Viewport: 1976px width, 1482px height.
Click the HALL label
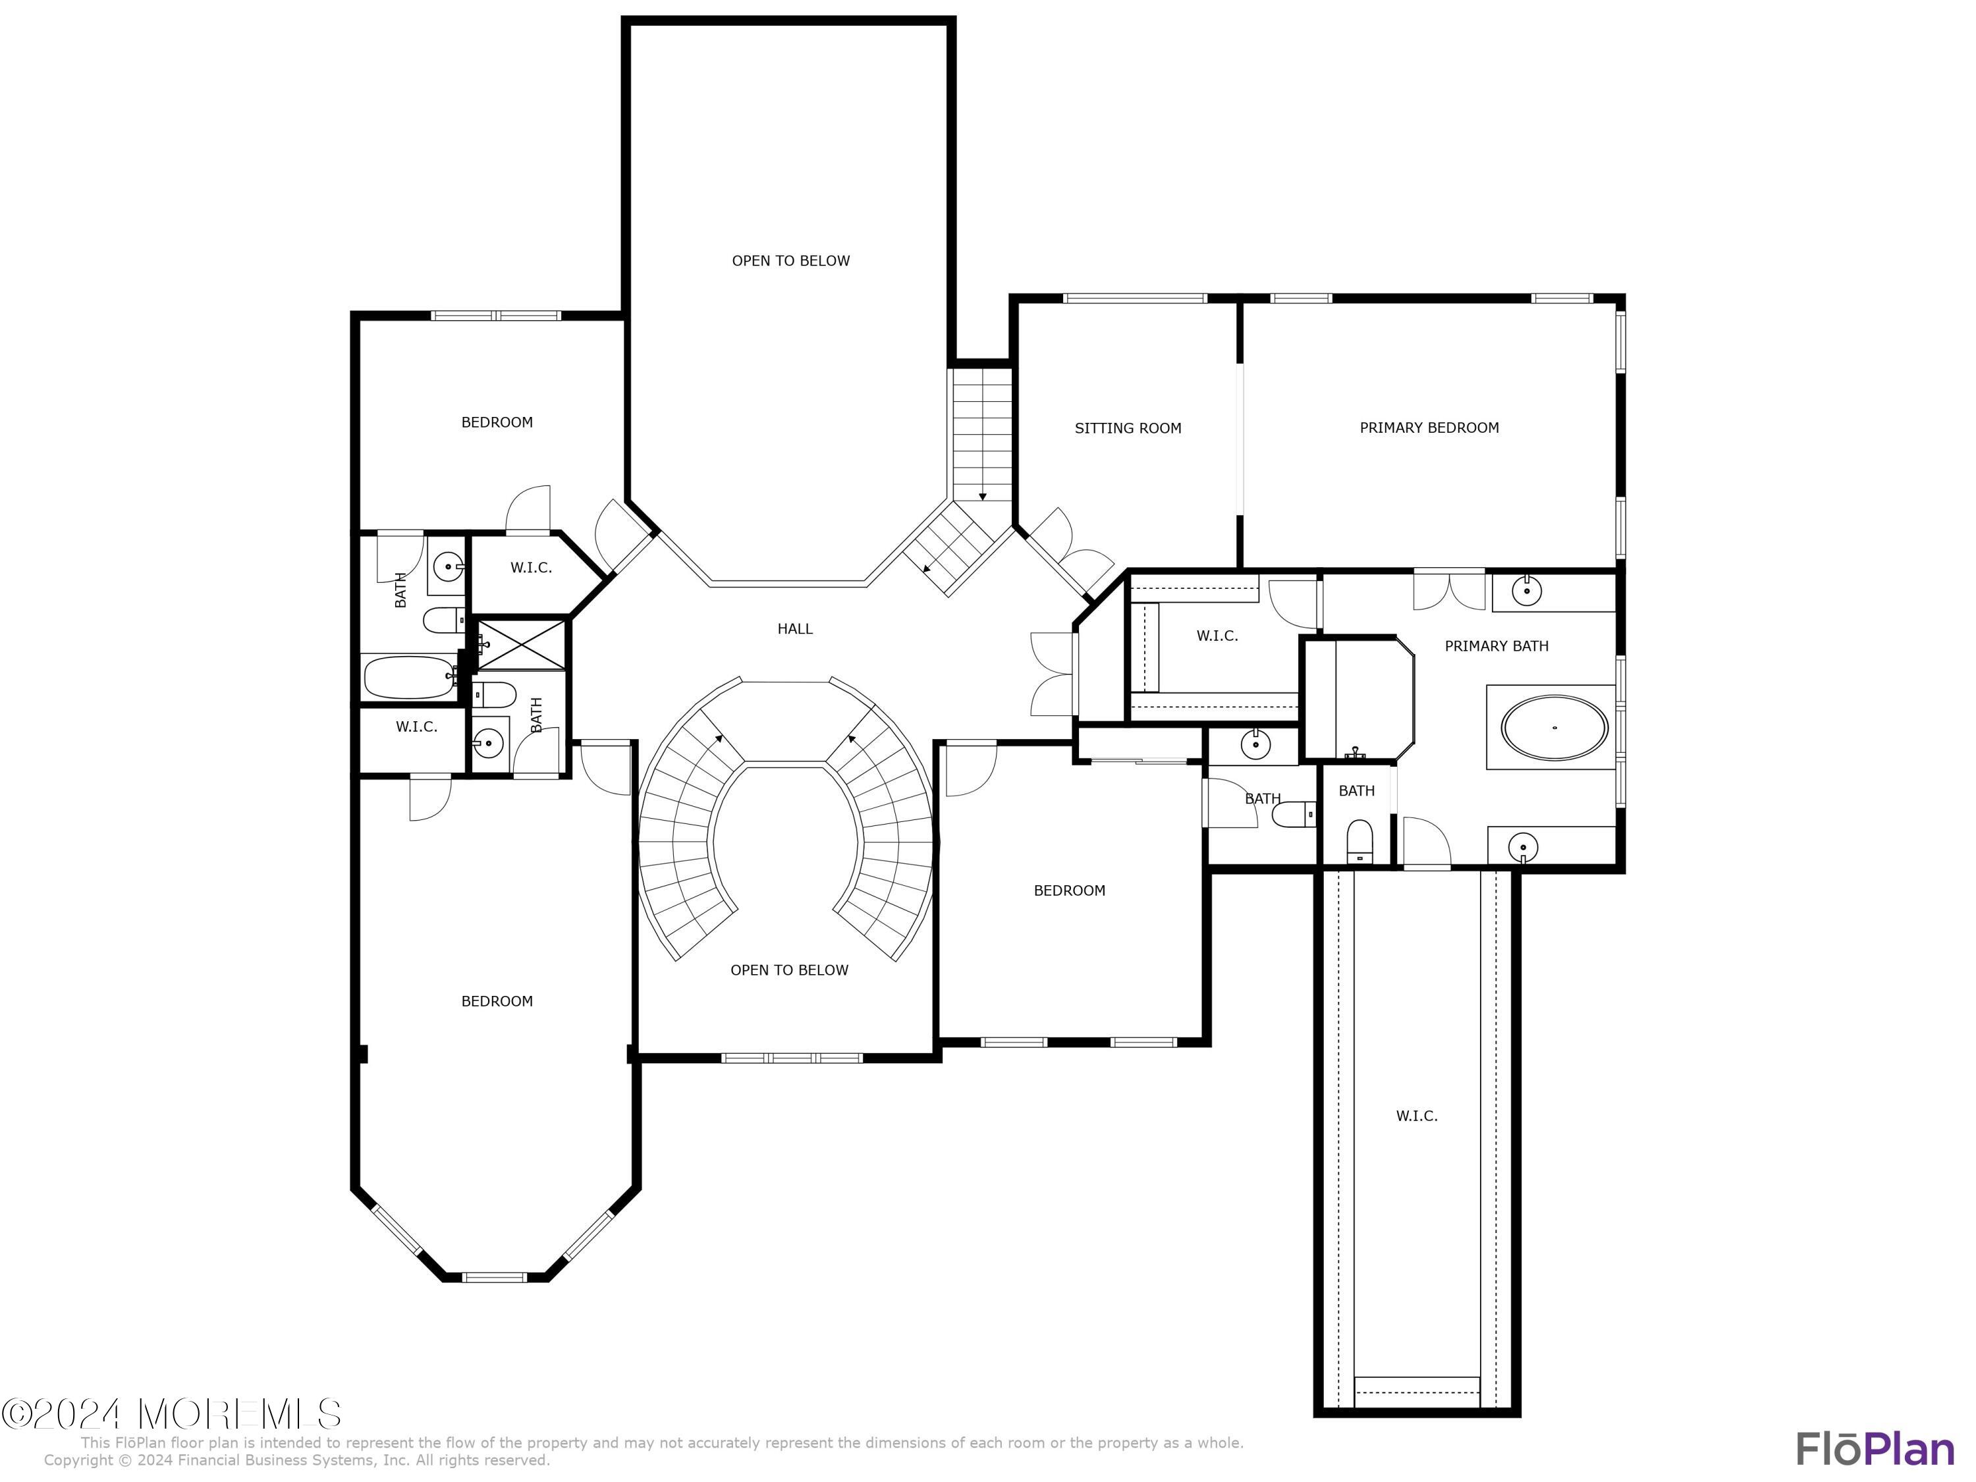[794, 629]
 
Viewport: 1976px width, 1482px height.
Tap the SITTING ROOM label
[1128, 428]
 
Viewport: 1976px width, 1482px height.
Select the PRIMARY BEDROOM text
[1429, 428]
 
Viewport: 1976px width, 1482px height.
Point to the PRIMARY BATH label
[1496, 646]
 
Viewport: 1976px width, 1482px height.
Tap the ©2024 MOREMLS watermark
[171, 1414]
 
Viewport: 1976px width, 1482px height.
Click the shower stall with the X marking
[522, 643]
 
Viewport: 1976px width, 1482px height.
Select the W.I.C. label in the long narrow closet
[1416, 1116]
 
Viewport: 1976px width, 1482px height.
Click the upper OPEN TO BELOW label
[790, 261]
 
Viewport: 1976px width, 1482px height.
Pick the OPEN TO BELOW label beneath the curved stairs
[789, 970]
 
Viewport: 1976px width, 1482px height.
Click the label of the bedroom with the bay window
[497, 1001]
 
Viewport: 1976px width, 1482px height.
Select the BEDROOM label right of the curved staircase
[1068, 891]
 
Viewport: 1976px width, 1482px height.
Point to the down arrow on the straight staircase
[982, 496]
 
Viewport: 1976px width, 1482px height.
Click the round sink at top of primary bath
[1527, 590]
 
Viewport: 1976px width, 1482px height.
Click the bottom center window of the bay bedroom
[495, 1276]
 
